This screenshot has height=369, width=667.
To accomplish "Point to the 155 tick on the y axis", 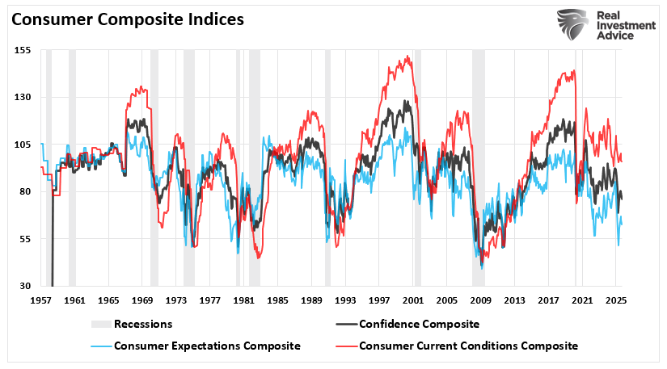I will coord(22,50).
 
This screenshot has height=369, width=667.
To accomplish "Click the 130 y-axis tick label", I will coord(22,97).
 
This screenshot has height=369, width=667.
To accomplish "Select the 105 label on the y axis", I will coord(22,145).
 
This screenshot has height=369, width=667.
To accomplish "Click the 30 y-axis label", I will coord(24,286).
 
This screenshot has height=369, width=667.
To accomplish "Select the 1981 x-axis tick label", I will coord(244,300).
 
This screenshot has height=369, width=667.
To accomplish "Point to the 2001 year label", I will coord(414,300).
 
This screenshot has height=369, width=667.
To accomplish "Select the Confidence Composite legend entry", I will coord(419,325).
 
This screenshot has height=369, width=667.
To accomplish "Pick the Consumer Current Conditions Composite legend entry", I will coord(468,346).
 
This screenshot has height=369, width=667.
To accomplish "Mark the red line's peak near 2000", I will coord(409,57).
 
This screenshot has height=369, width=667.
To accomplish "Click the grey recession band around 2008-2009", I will coord(478,161).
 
